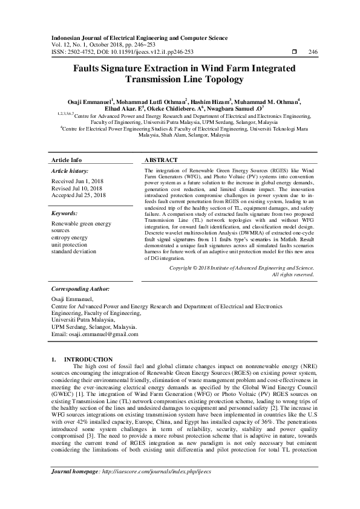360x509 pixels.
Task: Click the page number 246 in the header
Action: click(x=313, y=52)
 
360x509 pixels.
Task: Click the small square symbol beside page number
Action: click(x=294, y=52)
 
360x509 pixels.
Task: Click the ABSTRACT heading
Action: click(x=161, y=160)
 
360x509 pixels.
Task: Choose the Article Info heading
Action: click(x=67, y=160)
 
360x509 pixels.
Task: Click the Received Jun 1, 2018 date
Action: click(x=77, y=181)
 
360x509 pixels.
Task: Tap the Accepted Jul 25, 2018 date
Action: click(x=79, y=196)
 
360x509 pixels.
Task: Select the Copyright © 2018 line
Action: click(x=241, y=267)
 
